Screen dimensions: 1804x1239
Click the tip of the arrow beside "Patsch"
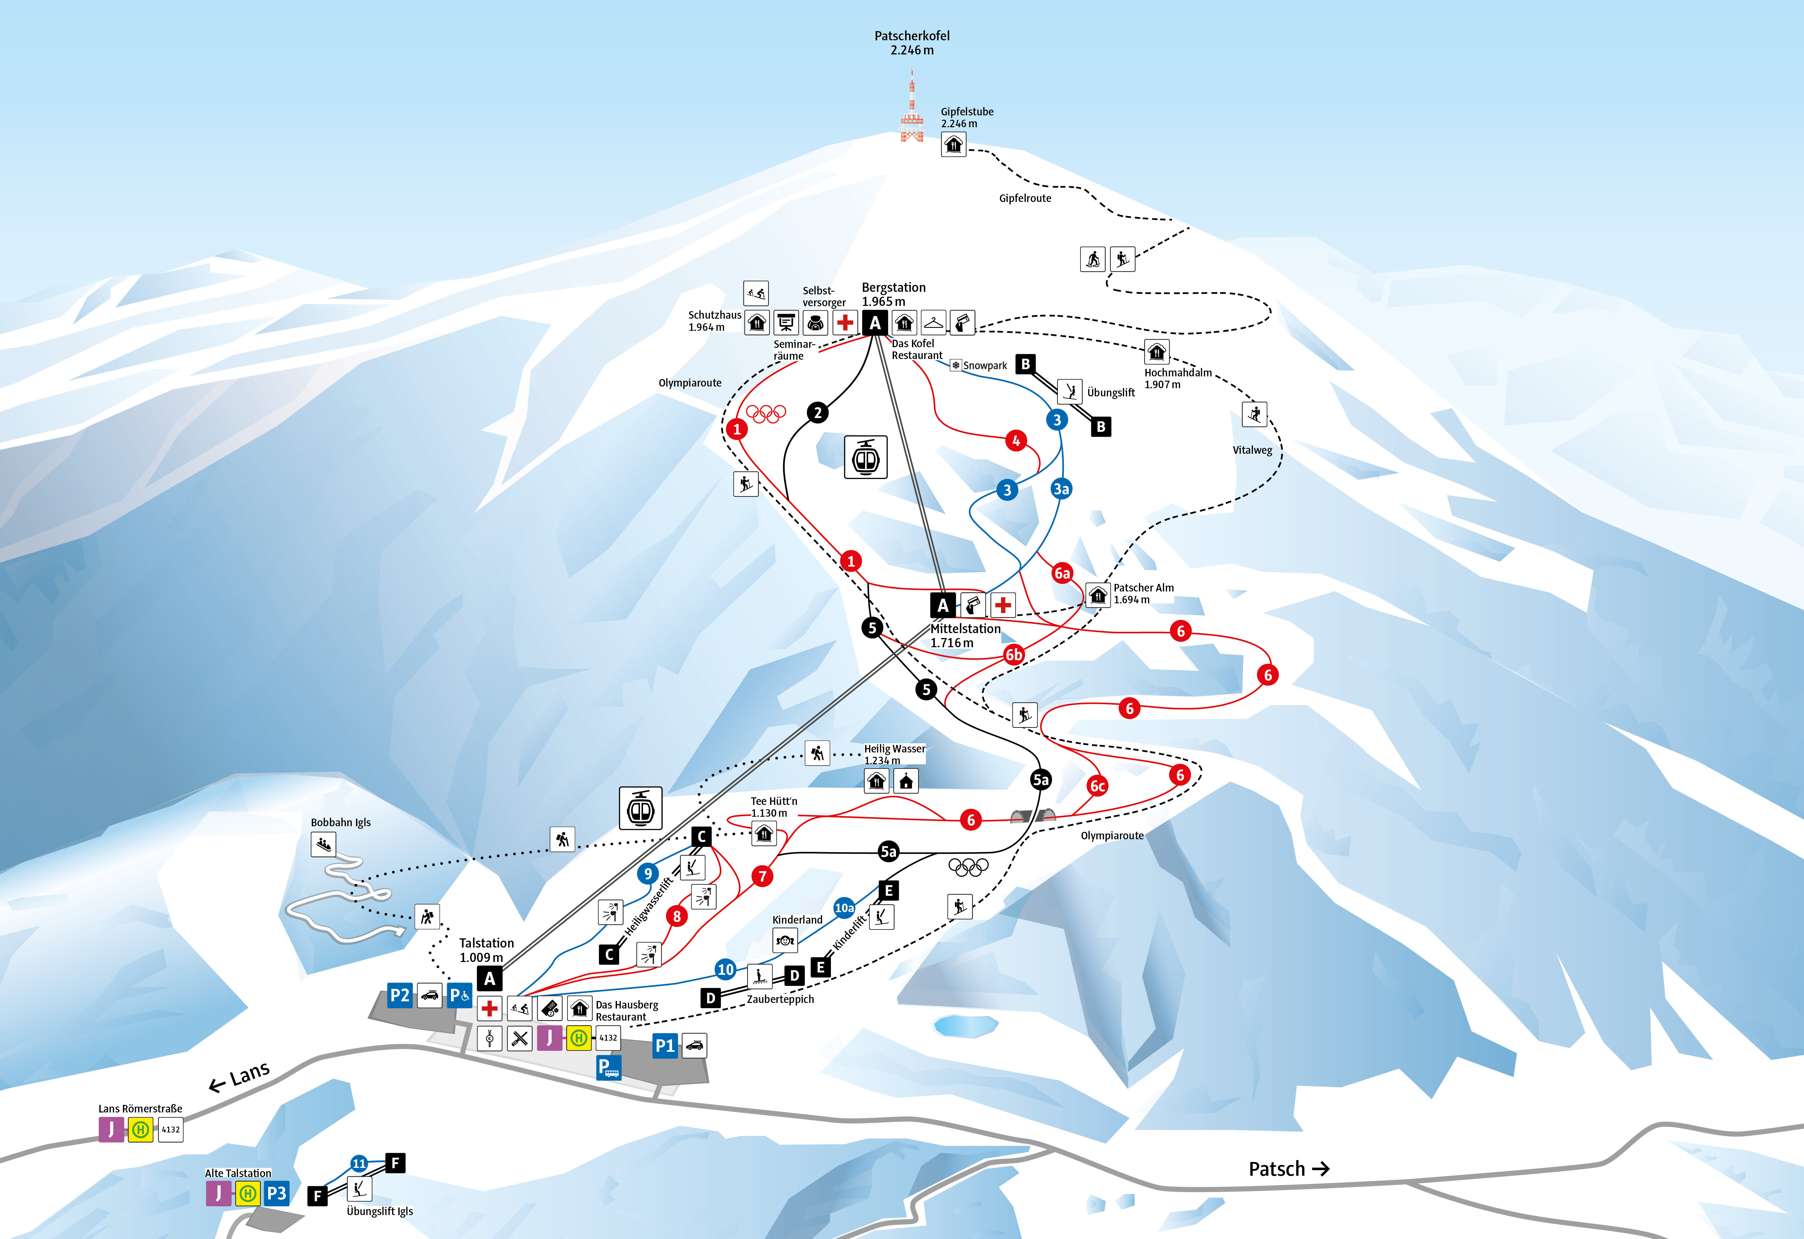1330,1169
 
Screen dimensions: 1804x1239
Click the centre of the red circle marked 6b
1014,654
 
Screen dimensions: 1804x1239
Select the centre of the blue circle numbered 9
647,873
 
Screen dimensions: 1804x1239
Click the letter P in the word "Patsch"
1255,1169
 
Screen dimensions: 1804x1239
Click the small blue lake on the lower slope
966,1026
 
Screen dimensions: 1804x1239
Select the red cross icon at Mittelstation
1003,605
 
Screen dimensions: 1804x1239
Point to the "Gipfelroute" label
1025,198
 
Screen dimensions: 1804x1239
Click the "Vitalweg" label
1252,450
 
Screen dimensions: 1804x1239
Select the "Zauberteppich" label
780,999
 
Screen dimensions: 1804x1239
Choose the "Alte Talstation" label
238,1173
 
